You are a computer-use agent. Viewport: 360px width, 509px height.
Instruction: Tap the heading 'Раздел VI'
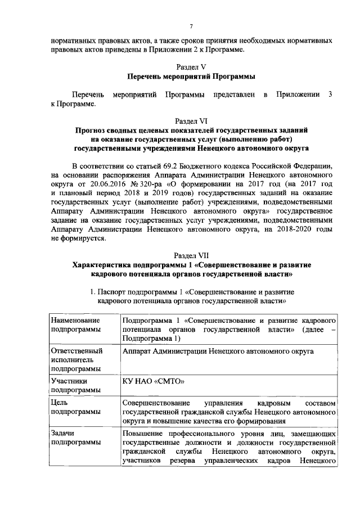[191, 121]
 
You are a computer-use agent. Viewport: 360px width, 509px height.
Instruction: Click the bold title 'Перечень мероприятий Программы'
[191, 76]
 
